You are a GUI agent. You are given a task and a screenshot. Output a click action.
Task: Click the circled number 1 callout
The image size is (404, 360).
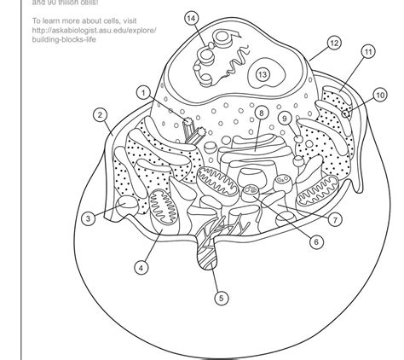(145, 91)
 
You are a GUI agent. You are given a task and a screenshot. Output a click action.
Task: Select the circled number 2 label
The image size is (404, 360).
(100, 115)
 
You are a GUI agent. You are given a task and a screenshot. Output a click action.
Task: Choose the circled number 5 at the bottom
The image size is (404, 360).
(221, 298)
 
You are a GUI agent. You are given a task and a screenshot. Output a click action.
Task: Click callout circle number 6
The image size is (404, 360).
(317, 241)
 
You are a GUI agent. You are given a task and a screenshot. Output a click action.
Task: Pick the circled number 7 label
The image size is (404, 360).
(337, 219)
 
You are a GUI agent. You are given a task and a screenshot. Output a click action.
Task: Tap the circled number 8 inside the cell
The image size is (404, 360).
(261, 112)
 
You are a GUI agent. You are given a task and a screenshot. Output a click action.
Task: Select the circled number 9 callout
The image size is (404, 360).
(285, 119)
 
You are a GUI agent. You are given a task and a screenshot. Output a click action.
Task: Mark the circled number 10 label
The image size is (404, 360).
(379, 96)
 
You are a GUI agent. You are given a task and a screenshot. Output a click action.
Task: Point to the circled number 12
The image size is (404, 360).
(334, 42)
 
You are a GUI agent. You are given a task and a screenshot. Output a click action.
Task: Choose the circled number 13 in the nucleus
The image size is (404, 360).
(263, 75)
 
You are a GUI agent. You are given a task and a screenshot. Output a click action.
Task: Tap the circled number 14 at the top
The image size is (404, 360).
(191, 18)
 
